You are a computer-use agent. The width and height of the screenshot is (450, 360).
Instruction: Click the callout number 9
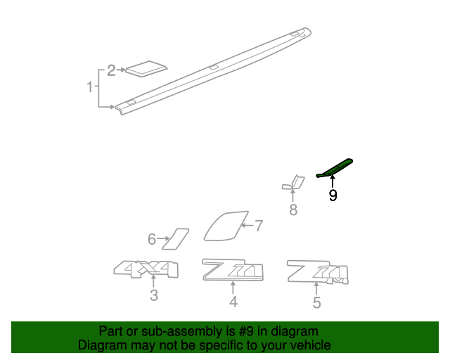[333, 195]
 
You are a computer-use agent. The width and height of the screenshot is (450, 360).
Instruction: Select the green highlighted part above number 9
[335, 169]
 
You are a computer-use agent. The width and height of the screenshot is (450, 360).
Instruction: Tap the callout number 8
[293, 210]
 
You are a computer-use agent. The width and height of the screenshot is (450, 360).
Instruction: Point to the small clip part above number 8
[292, 184]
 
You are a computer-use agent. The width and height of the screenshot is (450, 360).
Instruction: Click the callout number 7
[258, 226]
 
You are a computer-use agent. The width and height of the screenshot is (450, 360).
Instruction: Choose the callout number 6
[151, 240]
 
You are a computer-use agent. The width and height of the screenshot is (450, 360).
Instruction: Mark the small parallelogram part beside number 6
[176, 238]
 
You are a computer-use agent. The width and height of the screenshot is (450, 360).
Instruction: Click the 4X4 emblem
[146, 269]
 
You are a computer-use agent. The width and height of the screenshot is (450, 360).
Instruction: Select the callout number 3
[153, 296]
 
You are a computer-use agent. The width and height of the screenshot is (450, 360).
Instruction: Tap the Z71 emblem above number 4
[233, 270]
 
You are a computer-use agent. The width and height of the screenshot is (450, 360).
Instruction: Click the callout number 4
[233, 302]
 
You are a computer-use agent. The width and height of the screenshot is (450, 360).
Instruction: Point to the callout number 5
[316, 303]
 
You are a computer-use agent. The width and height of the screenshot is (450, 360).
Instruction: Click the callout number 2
[111, 70]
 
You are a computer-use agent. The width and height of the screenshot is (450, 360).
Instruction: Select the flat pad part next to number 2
[146, 67]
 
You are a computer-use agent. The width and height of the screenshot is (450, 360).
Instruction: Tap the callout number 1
[90, 87]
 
